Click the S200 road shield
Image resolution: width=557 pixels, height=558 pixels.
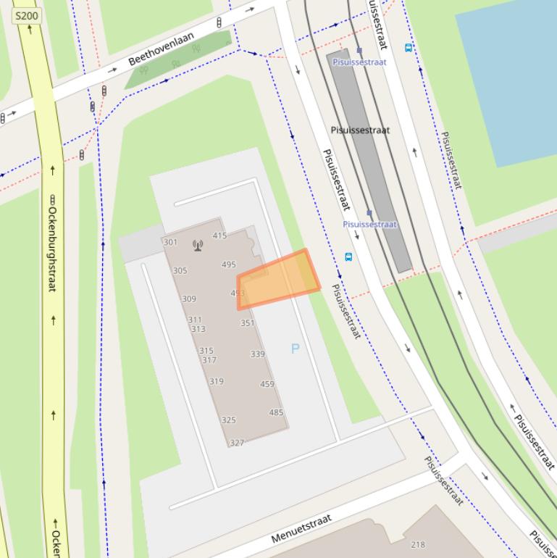pos(27,15)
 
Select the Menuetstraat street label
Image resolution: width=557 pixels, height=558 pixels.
pos(301,529)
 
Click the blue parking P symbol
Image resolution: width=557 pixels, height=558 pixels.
pos(295,349)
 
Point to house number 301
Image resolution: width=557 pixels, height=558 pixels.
pos(171,242)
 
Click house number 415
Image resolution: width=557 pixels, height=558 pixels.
pos(219,236)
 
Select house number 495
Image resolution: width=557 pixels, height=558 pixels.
pos(229,265)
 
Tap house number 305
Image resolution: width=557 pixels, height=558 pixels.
pos(180,270)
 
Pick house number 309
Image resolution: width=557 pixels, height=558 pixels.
pos(189,299)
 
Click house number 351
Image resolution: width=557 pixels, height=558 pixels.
pos(247,323)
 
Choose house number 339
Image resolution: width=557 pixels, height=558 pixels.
pos(257,354)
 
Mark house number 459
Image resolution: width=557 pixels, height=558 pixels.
pos(267,384)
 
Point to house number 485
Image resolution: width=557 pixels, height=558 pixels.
pos(276,412)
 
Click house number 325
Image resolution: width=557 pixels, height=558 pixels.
pos(229,420)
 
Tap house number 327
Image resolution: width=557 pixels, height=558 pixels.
pos(237,443)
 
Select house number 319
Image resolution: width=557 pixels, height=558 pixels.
pos(217,381)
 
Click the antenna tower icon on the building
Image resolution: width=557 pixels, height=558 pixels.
pos(198,245)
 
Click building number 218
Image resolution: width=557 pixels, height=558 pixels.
pos(418,544)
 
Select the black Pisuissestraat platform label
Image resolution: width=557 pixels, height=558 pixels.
pos(360,130)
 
